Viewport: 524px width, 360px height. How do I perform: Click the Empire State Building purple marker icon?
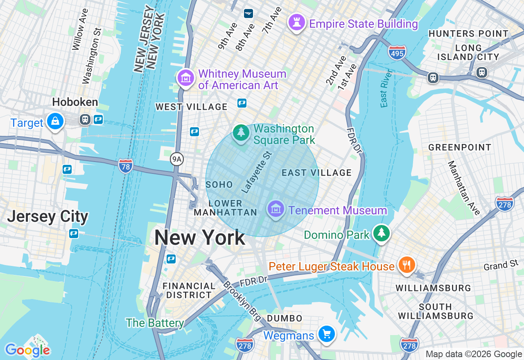(x=296, y=22)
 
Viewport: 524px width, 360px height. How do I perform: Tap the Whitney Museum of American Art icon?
(x=185, y=77)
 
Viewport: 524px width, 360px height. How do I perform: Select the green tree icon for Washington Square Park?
(x=241, y=133)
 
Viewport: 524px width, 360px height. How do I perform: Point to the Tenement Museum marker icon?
(x=276, y=209)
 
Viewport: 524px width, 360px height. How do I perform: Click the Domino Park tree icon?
(x=382, y=233)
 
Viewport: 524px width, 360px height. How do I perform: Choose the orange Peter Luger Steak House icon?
(x=406, y=264)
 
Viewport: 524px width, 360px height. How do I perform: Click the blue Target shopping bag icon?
(x=55, y=121)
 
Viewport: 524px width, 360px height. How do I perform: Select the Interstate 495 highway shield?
(x=397, y=52)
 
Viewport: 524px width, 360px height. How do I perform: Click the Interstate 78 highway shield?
(x=125, y=166)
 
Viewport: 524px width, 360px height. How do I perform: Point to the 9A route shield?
(x=176, y=159)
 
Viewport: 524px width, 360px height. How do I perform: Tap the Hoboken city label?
(x=75, y=102)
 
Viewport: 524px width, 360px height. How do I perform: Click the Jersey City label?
(x=47, y=216)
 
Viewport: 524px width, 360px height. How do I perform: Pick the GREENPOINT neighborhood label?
(x=460, y=147)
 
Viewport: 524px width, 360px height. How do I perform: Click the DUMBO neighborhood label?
(x=285, y=318)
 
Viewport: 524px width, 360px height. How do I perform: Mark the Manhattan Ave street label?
(x=463, y=188)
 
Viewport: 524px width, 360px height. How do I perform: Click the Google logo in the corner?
(x=27, y=350)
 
